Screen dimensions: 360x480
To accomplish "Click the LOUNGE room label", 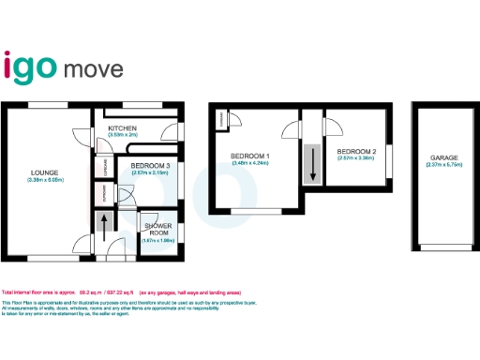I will point(44,172).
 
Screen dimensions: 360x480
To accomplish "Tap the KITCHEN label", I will point(123,128).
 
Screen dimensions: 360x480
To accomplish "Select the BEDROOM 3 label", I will point(137,166).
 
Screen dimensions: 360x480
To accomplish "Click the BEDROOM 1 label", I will point(250,155).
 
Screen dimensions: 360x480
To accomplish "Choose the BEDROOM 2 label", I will point(356,151).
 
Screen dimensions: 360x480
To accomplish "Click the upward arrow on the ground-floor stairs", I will point(103,228).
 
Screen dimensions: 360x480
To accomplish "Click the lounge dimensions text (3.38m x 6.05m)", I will point(44,179).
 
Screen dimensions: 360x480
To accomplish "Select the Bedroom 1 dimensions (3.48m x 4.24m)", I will point(250,162).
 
